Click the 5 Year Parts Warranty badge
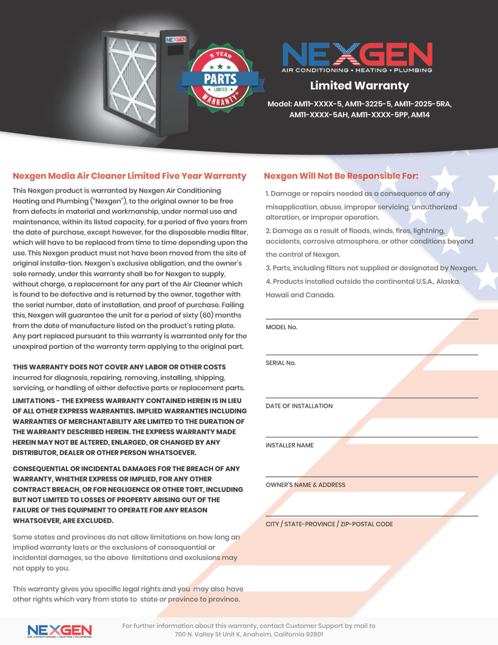pos(220,79)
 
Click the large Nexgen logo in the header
pos(357,55)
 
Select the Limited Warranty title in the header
pos(359,86)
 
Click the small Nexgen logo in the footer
pos(59,631)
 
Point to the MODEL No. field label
pos(282,327)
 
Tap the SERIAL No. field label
pos(281,363)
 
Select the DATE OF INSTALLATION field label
pos(299,406)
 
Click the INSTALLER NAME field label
pos(290,445)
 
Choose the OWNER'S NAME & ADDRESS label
pos(306,485)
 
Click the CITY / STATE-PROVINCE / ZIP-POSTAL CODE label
pos(329,524)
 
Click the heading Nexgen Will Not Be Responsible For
pos(341,176)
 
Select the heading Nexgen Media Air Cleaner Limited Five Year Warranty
pos(129,176)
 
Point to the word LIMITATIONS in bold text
pos(34,401)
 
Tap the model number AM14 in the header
pos(420,115)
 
